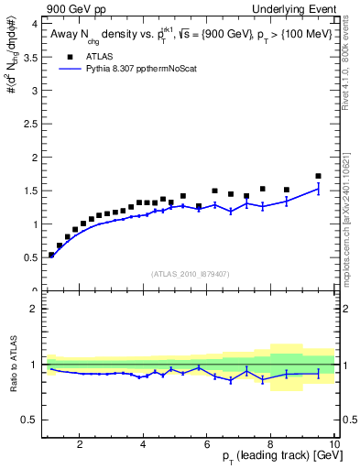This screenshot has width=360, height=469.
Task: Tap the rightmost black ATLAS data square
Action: (x=318, y=176)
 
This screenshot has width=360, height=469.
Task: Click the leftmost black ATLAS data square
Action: (x=51, y=255)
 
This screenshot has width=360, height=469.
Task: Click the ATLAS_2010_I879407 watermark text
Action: (x=190, y=273)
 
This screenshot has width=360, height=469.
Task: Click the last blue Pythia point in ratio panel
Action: (x=318, y=372)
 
